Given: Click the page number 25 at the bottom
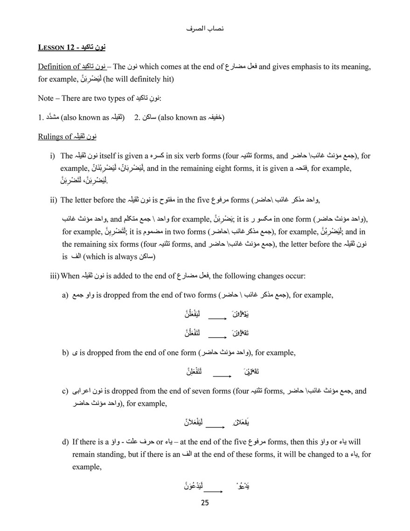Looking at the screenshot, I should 205,503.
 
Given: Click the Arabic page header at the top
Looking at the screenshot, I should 205,29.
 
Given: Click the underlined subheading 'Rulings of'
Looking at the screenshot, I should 55,137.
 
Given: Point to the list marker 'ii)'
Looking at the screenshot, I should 53,200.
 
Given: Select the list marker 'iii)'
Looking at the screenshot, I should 55,276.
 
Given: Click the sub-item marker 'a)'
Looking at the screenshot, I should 65,295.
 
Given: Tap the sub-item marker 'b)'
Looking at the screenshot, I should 65,353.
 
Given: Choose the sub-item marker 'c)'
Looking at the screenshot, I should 65,391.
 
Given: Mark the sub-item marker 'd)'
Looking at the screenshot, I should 65,441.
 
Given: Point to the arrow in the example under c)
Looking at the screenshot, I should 215,426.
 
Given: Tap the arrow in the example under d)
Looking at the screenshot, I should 212,491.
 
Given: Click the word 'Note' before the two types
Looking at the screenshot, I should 47,99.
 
